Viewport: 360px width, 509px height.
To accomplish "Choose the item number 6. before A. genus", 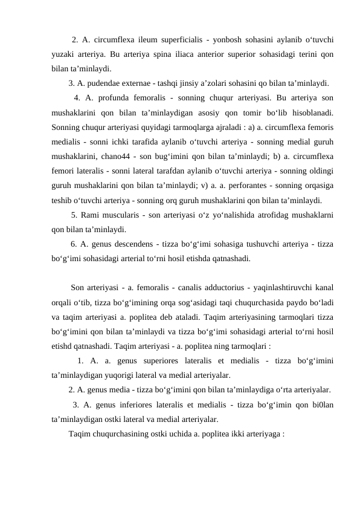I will coord(74,244).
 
